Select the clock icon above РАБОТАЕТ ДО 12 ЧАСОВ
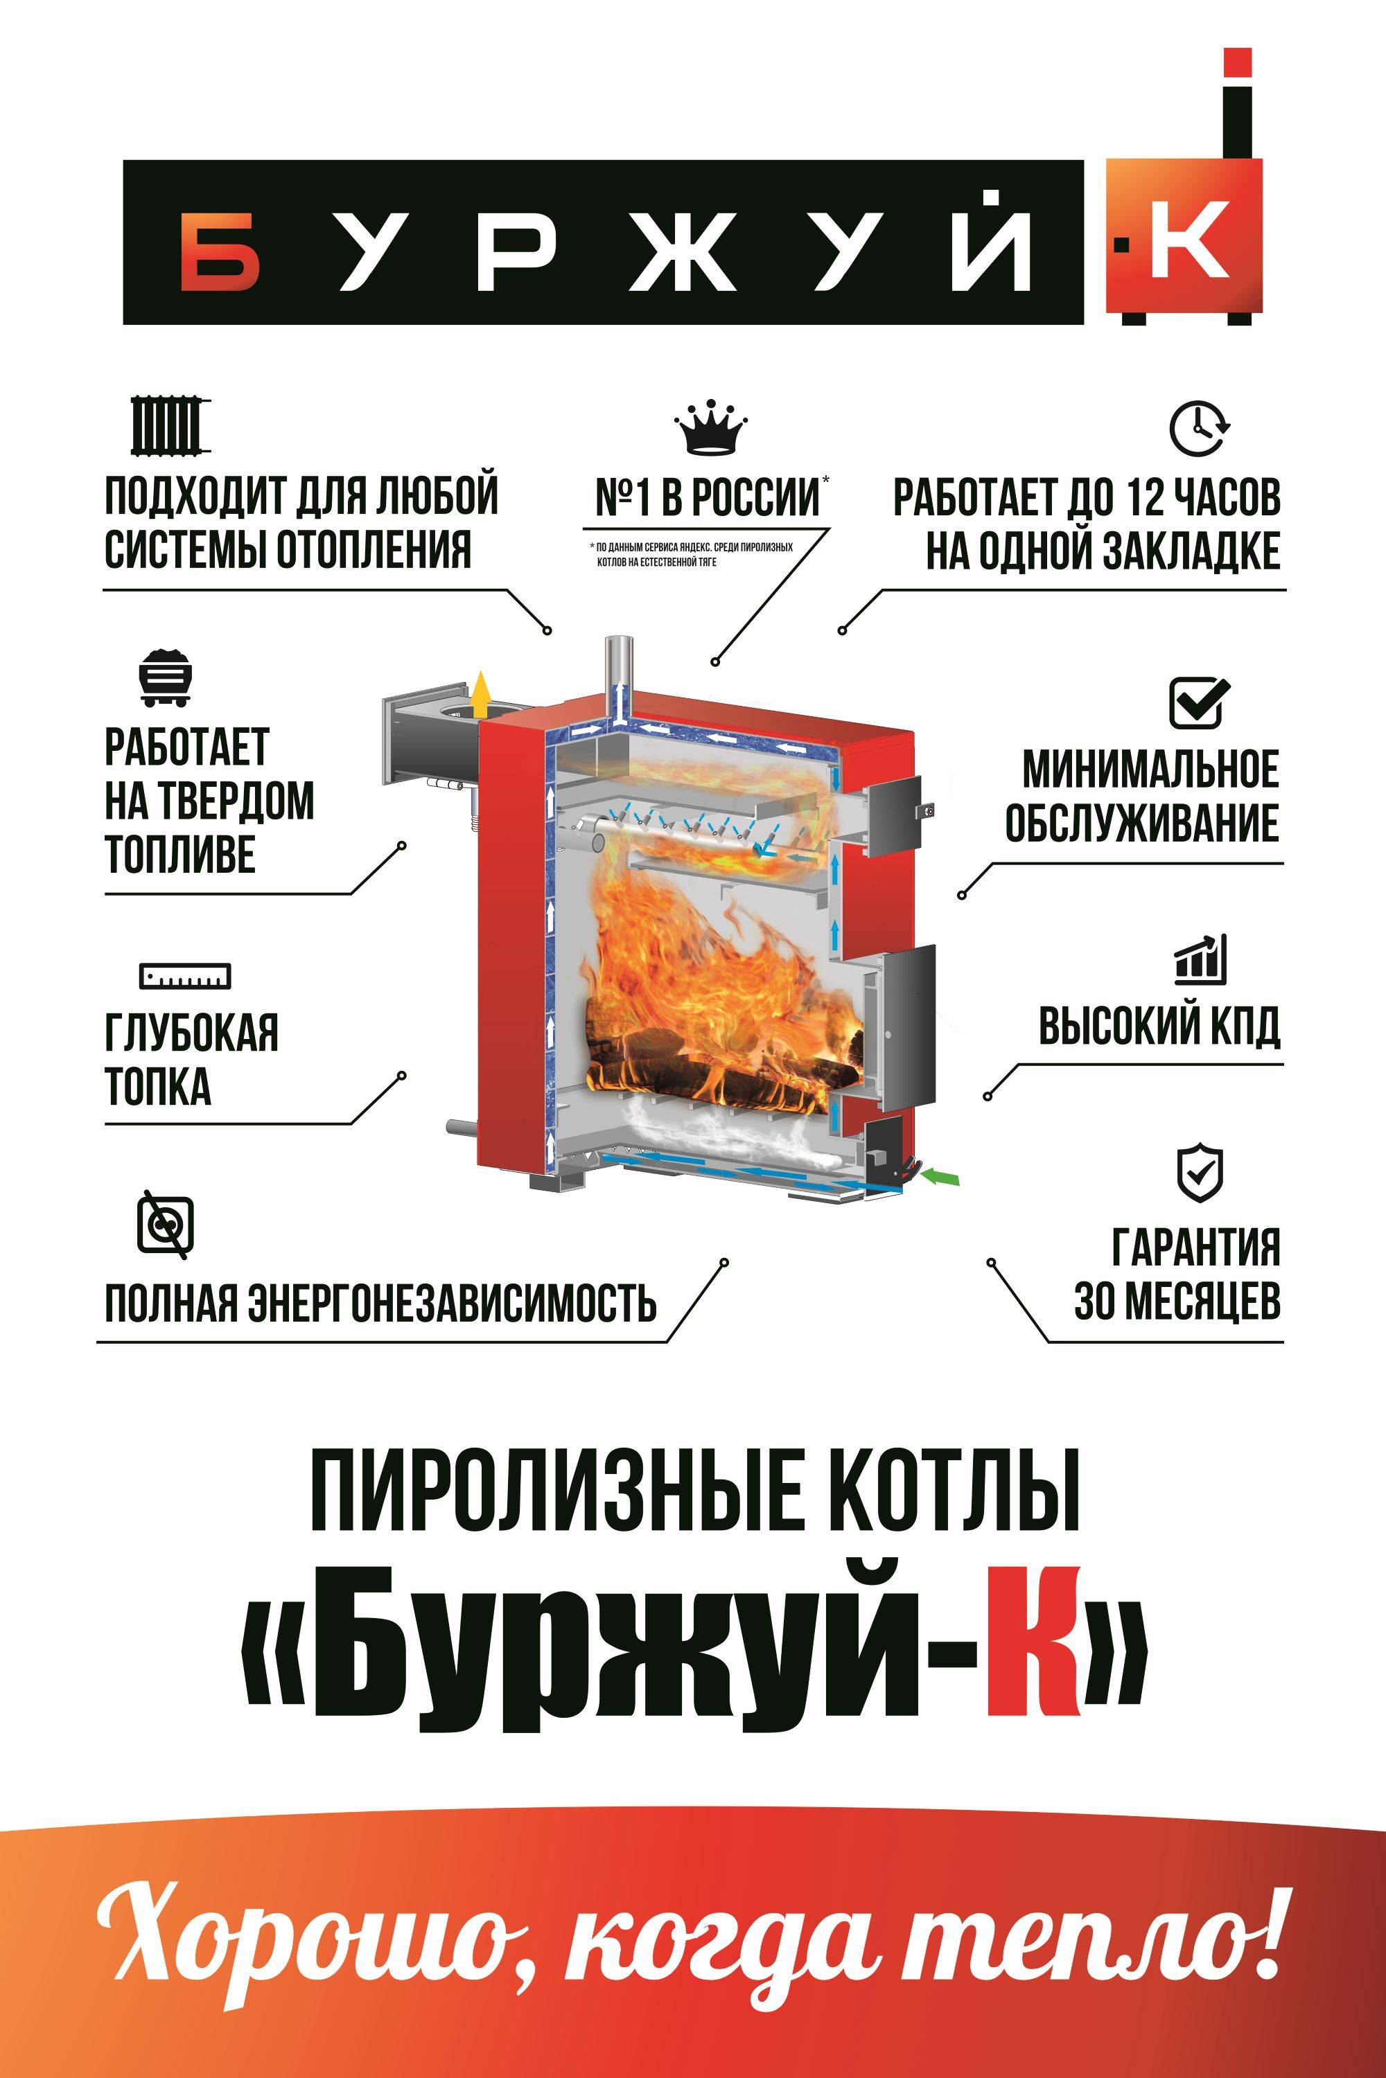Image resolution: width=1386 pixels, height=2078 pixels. click(x=1200, y=429)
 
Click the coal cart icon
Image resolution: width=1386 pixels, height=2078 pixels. click(x=166, y=677)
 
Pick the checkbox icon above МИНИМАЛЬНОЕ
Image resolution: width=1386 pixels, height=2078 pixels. click(x=1200, y=702)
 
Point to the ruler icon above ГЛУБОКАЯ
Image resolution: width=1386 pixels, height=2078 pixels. click(x=185, y=975)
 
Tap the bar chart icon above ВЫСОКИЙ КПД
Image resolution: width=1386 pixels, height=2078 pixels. click(x=1200, y=960)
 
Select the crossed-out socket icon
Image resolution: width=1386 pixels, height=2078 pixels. click(x=166, y=1225)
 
